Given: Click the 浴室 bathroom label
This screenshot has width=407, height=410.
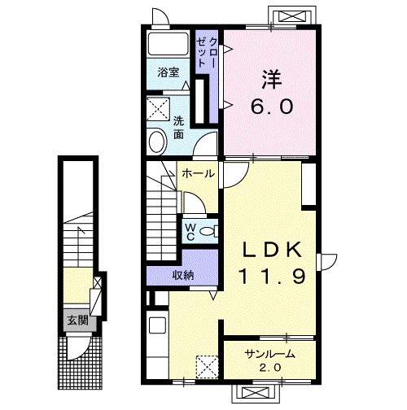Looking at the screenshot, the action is pyautogui.click(x=168, y=72).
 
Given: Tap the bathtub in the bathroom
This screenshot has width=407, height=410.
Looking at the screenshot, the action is pyautogui.click(x=168, y=43).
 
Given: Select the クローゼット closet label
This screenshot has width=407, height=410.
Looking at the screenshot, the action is pyautogui.click(x=207, y=52).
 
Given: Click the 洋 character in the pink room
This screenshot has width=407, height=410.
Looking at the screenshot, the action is pyautogui.click(x=272, y=79).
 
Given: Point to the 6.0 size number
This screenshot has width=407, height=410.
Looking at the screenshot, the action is pyautogui.click(x=272, y=107).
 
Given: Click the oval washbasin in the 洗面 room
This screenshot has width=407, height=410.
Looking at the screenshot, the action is pyautogui.click(x=158, y=142).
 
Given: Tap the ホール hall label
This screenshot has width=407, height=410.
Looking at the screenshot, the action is pyautogui.click(x=198, y=173).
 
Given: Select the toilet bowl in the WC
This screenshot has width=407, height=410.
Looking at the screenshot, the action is pyautogui.click(x=208, y=231).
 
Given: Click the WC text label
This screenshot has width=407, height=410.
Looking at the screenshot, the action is pyautogui.click(x=190, y=232).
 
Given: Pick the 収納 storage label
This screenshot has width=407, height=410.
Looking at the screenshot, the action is pyautogui.click(x=184, y=276).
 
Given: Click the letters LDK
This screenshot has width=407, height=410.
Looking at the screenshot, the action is pyautogui.click(x=272, y=250).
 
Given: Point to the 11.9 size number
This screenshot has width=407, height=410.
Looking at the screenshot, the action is pyautogui.click(x=272, y=277).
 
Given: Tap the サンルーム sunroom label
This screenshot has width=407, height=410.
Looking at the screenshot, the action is pyautogui.click(x=269, y=354).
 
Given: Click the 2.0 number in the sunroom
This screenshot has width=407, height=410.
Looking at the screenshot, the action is pyautogui.click(x=269, y=368).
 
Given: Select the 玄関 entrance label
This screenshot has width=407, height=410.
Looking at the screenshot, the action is pyautogui.click(x=78, y=321).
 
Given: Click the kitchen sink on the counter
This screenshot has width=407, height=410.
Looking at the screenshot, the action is pyautogui.click(x=158, y=325).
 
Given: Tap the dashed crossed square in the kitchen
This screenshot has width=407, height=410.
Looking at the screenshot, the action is pyautogui.click(x=207, y=367).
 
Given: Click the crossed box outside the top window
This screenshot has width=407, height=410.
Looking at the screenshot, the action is pyautogui.click(x=292, y=17).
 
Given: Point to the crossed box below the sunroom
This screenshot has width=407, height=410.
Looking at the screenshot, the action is pyautogui.click(x=255, y=392).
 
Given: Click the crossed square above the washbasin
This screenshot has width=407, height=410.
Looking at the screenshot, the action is pyautogui.click(x=158, y=109).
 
